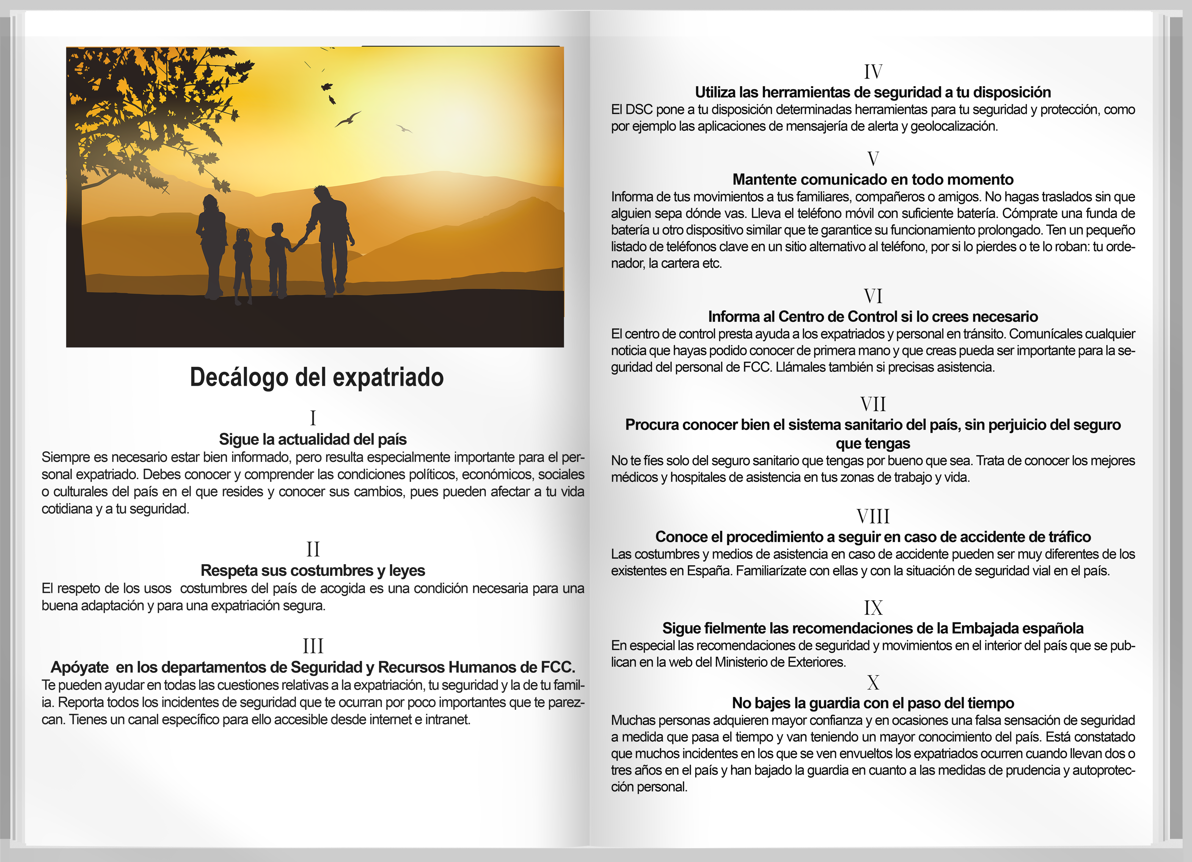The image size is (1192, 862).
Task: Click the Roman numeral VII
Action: click(873, 404)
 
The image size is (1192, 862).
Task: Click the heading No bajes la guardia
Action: click(873, 703)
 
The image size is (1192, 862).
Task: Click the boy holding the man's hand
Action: click(277, 258)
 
